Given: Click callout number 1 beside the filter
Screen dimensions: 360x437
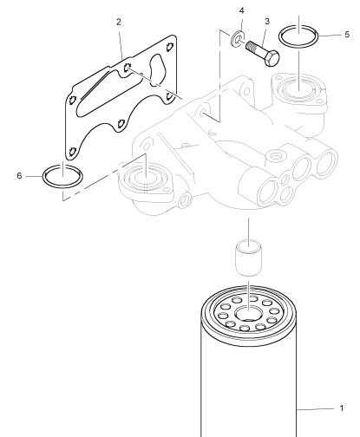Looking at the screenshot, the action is click(342, 408).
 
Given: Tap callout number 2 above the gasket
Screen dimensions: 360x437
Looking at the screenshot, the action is click(119, 22).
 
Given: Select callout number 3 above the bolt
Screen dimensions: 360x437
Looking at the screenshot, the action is click(267, 21).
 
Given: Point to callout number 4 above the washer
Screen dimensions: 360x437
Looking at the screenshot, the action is click(242, 10).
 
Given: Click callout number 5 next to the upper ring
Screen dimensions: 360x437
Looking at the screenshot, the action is click(347, 35).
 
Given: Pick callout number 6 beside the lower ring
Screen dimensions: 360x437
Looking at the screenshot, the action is click(19, 176).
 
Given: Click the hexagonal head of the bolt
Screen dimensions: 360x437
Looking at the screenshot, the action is click(272, 58).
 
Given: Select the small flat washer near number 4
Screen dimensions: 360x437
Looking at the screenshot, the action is click(238, 38).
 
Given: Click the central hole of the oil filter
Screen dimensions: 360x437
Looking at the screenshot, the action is click(249, 314).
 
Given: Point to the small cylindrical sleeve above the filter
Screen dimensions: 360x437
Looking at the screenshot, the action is click(249, 258).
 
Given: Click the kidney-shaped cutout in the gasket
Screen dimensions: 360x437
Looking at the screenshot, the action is click(158, 70).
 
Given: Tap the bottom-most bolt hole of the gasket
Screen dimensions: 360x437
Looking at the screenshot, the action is click(72, 151).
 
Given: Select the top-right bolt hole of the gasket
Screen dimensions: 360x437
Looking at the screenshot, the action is click(170, 46).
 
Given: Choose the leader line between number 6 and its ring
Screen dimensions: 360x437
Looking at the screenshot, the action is click(34, 176).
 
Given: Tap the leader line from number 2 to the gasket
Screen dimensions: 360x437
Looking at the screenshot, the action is click(121, 43).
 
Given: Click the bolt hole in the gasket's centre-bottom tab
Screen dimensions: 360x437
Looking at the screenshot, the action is click(121, 124).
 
